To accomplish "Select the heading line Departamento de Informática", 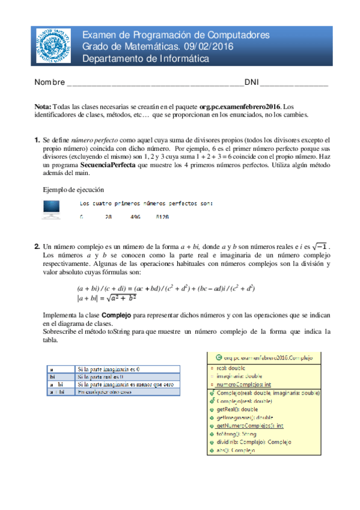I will pos(145,59).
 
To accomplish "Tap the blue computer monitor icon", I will pos(51,208).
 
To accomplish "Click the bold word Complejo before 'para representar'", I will pos(117,315).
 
